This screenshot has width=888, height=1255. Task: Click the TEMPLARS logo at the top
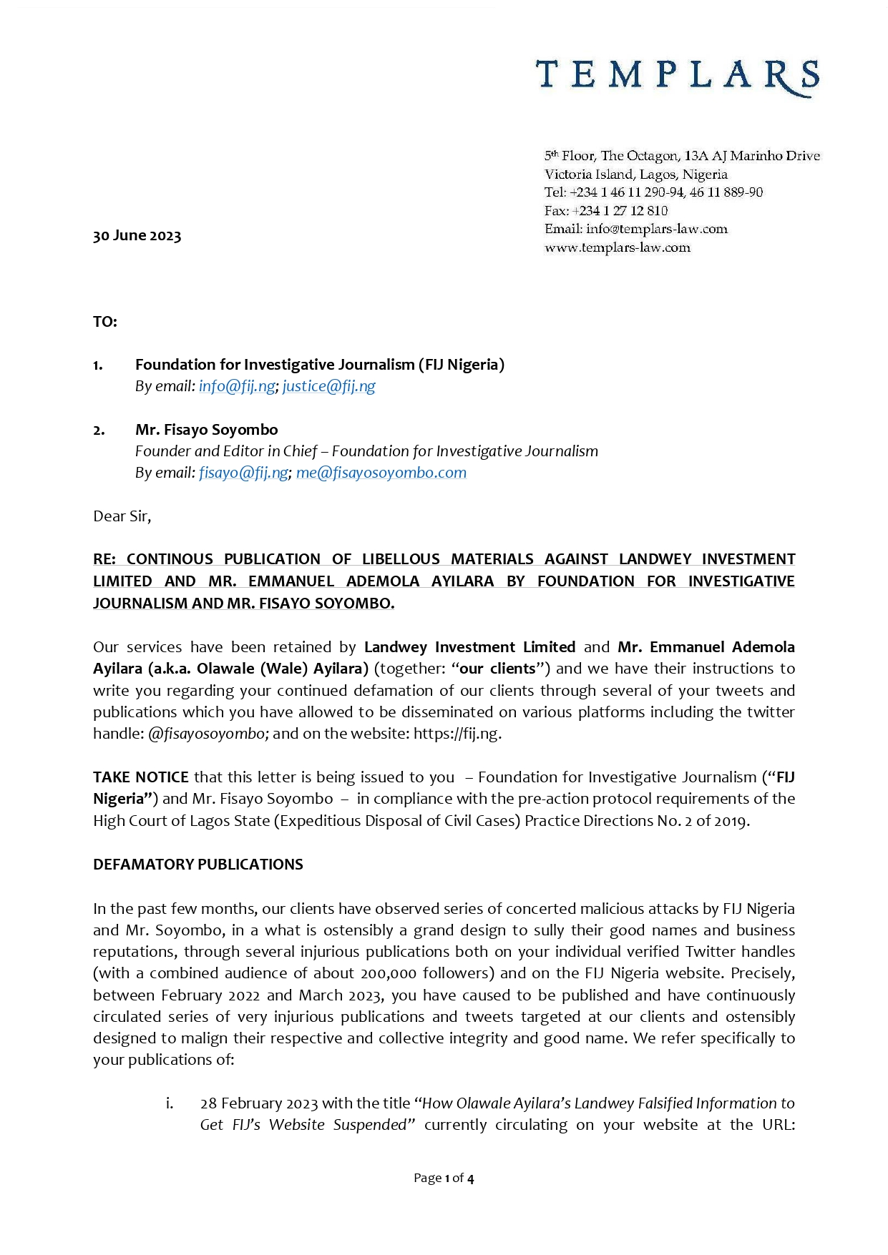[x=677, y=77]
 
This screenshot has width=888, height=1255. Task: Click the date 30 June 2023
[x=137, y=236]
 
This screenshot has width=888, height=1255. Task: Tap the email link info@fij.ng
[x=237, y=386]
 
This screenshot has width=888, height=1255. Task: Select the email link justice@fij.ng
[x=329, y=386]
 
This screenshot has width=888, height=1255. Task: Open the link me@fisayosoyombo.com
[x=381, y=473]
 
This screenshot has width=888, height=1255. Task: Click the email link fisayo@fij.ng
[x=243, y=473]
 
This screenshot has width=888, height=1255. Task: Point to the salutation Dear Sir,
[x=122, y=516]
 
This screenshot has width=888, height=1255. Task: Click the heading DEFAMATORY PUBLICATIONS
[x=198, y=865]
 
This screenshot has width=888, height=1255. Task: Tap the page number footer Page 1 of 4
[x=444, y=1178]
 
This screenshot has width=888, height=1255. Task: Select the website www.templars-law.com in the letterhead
[x=618, y=247]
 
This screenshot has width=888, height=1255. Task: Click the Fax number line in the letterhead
[x=606, y=211]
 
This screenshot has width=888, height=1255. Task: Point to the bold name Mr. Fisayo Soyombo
[x=206, y=430]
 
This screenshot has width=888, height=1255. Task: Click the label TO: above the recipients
[x=104, y=322]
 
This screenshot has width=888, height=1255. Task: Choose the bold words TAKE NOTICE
[x=141, y=777]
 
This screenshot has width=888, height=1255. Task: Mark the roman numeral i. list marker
[x=170, y=1103]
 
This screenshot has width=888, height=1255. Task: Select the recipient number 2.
[x=99, y=430]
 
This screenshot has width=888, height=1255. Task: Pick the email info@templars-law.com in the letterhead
[x=656, y=230]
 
